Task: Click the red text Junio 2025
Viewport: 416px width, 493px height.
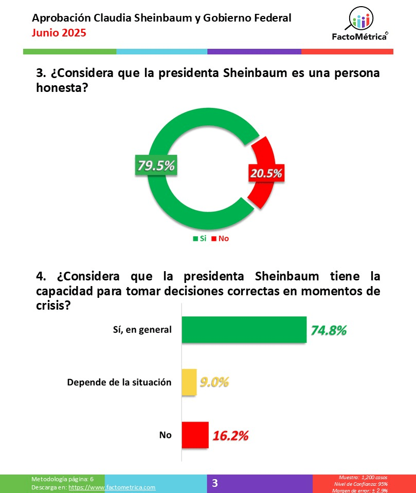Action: point(59,33)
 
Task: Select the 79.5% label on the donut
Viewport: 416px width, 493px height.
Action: point(155,166)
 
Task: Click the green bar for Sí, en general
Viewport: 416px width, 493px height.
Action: point(244,329)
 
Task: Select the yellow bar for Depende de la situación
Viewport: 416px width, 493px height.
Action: point(189,383)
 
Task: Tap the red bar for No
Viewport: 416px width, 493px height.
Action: point(195,435)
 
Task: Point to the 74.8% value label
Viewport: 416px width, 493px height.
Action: point(329,330)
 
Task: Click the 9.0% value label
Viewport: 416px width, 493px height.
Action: point(214,383)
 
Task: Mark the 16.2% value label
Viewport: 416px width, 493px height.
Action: point(230,436)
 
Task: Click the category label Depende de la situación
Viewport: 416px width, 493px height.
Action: point(119,383)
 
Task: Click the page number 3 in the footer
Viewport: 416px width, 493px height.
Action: point(215,483)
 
